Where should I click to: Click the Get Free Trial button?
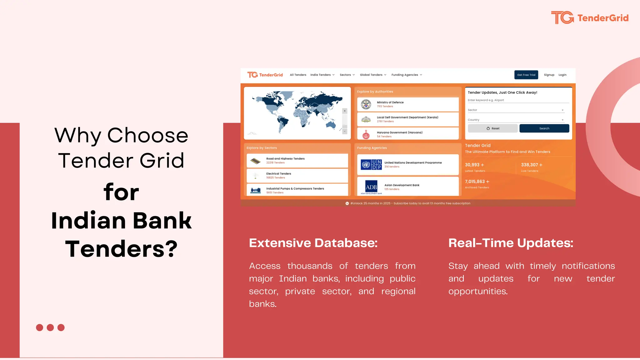pyautogui.click(x=526, y=75)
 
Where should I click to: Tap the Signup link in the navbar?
pyautogui.click(x=549, y=75)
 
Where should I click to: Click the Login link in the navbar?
pyautogui.click(x=562, y=75)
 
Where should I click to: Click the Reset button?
pyautogui.click(x=493, y=128)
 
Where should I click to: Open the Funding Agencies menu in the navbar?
pyautogui.click(x=407, y=75)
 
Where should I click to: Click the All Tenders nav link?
pyautogui.click(x=298, y=75)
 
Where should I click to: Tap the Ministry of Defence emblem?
pyautogui.click(x=366, y=104)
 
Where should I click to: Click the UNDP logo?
pyautogui.click(x=371, y=164)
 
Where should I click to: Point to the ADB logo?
pyautogui.click(x=371, y=187)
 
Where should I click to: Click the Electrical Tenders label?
pyautogui.click(x=278, y=174)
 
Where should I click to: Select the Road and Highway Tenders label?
pyautogui.click(x=285, y=159)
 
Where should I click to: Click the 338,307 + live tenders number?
pyautogui.click(x=532, y=165)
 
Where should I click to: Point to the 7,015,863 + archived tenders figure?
pyautogui.click(x=477, y=182)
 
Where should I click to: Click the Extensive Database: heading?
pyautogui.click(x=313, y=243)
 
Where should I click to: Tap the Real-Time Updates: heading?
pyautogui.click(x=511, y=243)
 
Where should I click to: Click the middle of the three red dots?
pyautogui.click(x=50, y=327)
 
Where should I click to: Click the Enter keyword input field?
pyautogui.click(x=518, y=100)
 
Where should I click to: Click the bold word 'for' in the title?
pyautogui.click(x=121, y=192)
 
